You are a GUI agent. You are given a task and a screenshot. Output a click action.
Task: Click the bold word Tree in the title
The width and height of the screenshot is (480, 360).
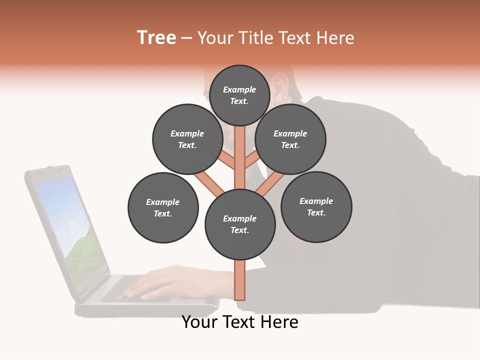[x=156, y=37]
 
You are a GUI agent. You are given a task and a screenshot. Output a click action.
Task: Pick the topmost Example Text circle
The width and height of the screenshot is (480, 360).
[x=239, y=95]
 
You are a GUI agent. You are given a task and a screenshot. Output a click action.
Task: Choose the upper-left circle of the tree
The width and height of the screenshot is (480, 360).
[x=187, y=139]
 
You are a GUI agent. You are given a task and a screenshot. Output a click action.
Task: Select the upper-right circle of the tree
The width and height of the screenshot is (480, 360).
[x=290, y=139]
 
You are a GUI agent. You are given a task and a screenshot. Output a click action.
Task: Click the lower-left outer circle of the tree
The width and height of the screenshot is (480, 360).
[x=163, y=207]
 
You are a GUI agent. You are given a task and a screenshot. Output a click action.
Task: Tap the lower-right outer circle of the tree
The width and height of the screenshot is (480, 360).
[x=316, y=206]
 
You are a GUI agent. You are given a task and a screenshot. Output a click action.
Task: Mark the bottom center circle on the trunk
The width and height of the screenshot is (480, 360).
[x=240, y=224]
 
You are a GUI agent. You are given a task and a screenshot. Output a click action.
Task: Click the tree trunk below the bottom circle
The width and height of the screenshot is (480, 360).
[x=240, y=280]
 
